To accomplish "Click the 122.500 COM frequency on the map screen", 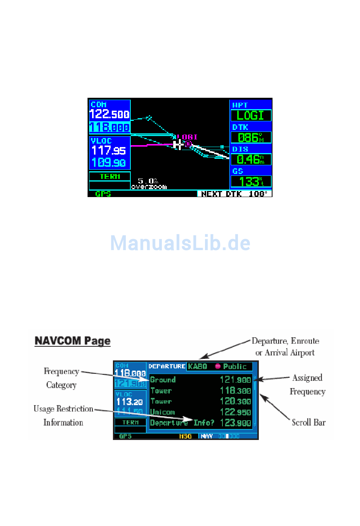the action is point(110,114).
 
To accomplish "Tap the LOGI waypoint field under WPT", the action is point(250,115).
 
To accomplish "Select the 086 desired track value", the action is point(250,137).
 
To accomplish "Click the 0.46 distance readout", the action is point(250,159).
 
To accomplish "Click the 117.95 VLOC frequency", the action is point(109,150).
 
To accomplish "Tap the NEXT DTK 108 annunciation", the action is point(234,194).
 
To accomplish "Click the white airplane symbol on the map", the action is point(177,144).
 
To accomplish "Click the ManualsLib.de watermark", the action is point(180,243).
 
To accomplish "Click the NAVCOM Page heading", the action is point(72,341).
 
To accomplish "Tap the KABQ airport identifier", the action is point(197,366).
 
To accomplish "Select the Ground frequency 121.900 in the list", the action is point(235,380).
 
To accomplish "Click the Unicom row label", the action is point(163,412).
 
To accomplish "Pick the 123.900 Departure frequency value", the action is point(235,423).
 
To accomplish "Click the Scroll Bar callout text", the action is point(308,422).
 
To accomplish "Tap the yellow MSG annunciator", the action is point(185,436).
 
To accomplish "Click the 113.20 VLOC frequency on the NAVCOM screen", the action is point(130,402).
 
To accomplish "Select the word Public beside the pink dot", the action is point(235,366).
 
